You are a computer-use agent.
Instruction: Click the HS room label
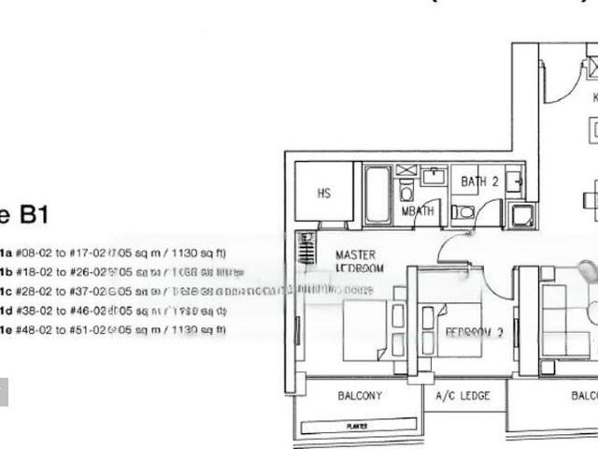click(x=323, y=194)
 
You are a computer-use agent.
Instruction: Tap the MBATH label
click(x=417, y=212)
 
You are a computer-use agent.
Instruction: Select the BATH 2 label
click(x=479, y=181)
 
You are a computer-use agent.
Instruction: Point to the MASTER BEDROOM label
click(x=357, y=261)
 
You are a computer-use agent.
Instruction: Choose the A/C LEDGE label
click(x=463, y=397)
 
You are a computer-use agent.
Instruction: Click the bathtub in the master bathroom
click(x=377, y=196)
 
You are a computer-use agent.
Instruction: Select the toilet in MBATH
click(x=406, y=192)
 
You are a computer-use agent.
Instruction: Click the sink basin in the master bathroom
click(x=434, y=176)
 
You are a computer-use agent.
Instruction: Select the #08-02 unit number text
click(x=33, y=253)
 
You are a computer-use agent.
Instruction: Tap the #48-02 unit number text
click(x=33, y=330)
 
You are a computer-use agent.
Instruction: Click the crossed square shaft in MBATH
click(x=406, y=170)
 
